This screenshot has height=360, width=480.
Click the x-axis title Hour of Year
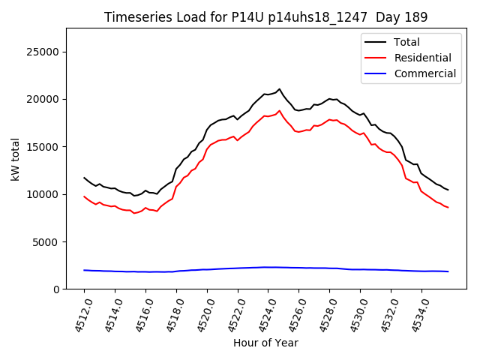click(x=265, y=343)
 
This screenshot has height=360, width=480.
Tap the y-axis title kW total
click(x=15, y=158)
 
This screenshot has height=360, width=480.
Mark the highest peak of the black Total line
click(x=279, y=89)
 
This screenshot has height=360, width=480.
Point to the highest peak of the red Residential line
click(x=279, y=111)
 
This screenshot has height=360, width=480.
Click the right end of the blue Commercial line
click(x=448, y=271)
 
